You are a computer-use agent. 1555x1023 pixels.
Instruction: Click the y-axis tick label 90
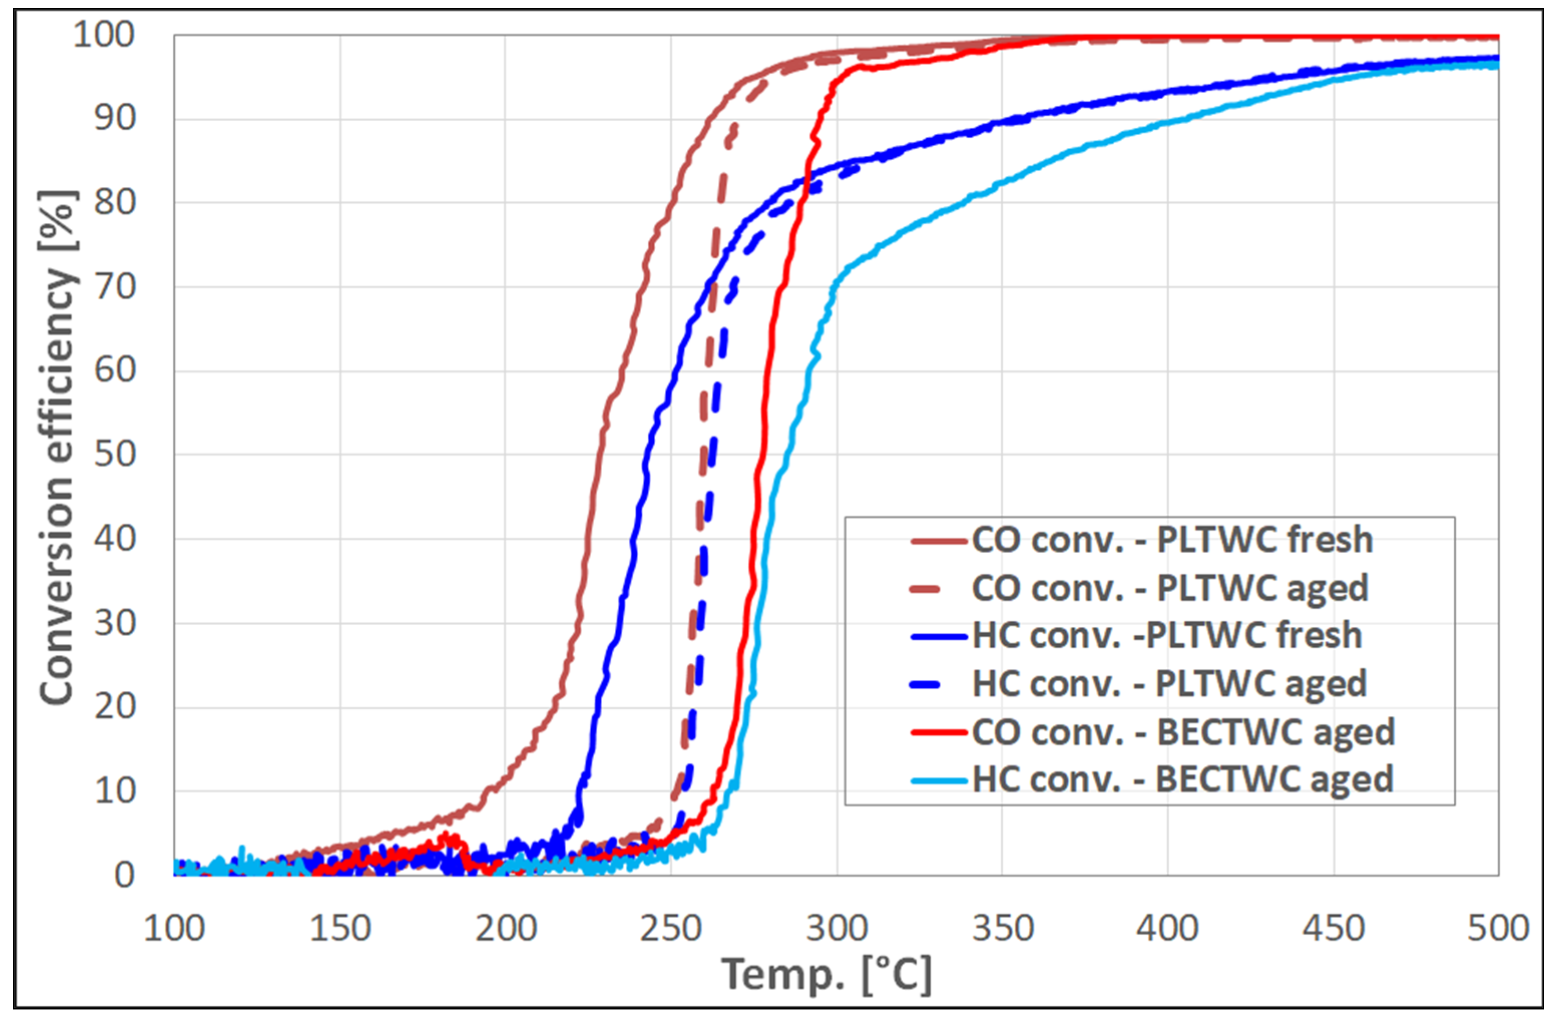[114, 118]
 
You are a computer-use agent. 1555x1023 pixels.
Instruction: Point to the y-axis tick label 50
[114, 454]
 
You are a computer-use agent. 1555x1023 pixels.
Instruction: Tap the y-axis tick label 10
[114, 791]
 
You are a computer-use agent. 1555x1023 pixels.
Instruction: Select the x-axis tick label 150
[340, 928]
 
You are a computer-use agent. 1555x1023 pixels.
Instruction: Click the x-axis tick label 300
[836, 928]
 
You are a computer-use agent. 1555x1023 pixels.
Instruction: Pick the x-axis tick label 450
[1334, 928]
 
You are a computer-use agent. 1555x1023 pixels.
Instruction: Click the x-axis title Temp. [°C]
[827, 975]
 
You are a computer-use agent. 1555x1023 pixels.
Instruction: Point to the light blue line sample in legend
[938, 780]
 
